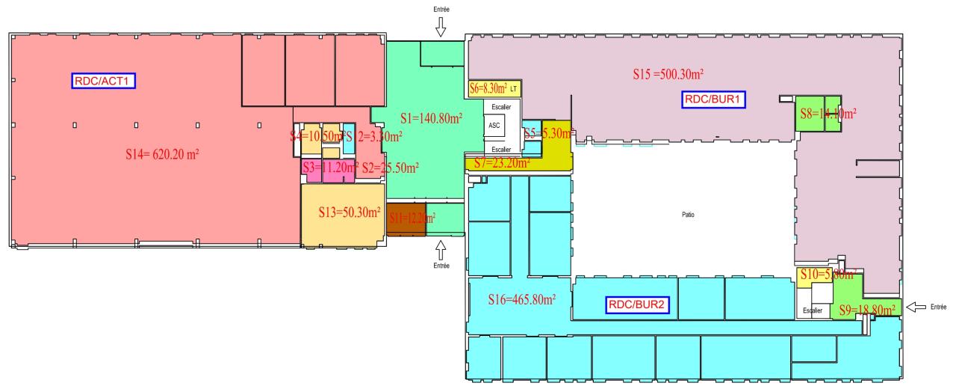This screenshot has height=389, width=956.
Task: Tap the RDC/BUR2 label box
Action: point(637,304)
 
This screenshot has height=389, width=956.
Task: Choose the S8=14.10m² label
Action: point(828,114)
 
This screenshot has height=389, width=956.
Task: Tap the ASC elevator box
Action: point(494,126)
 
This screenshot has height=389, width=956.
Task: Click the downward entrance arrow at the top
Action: point(441,28)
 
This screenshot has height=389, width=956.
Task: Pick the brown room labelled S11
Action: point(405,218)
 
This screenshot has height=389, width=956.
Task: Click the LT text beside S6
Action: point(514,88)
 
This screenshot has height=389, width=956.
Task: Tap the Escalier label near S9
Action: point(812,310)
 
